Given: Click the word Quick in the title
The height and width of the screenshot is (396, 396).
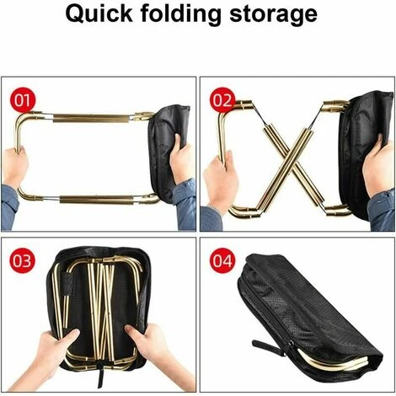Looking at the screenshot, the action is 99,14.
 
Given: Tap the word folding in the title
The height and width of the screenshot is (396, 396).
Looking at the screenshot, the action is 181,15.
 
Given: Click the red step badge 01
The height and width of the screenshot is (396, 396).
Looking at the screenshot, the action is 23,100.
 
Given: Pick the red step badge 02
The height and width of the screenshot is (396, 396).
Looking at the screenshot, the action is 222,100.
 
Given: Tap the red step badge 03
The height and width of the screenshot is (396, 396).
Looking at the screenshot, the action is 23,261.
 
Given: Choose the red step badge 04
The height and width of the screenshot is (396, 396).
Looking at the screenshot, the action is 222,261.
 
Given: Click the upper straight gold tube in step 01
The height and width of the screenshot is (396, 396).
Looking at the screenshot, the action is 93,118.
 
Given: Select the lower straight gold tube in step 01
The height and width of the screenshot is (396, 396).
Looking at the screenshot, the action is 97,200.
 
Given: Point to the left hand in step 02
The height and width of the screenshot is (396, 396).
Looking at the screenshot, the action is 221,179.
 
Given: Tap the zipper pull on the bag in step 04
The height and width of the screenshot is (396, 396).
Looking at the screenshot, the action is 267,346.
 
